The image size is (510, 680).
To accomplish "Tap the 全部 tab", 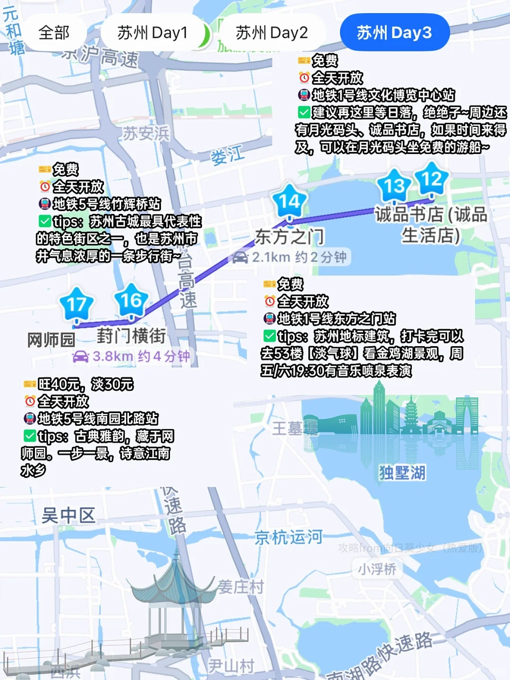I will pos(54,33).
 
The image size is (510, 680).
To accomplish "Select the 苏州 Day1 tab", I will pos(152,33).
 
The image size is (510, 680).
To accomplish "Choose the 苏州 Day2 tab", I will pos(272,33).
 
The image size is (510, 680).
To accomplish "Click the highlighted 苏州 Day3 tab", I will pos(394,33).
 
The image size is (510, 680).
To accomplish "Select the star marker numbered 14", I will pos(289,202).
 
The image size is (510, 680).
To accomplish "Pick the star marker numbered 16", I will pos(131,300).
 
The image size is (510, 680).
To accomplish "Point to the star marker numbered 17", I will pos(77,305).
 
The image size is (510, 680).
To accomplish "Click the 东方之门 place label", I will pos(289,237).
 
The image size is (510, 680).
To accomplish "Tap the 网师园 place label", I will pos(51,340).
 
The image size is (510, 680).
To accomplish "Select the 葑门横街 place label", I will pos(131,336).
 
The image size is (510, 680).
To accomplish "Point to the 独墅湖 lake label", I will pos(402,472).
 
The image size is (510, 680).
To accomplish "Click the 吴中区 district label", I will pos(68,515).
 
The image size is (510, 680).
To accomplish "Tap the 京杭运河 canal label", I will pos(289,537).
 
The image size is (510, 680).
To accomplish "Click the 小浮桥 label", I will pos(377,569).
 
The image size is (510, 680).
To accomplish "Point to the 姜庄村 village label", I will pos(240,587).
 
